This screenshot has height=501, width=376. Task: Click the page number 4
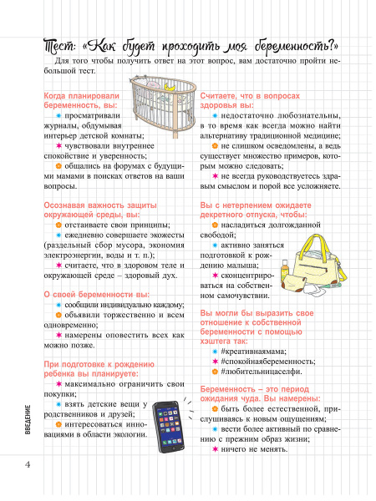(28, 463)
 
